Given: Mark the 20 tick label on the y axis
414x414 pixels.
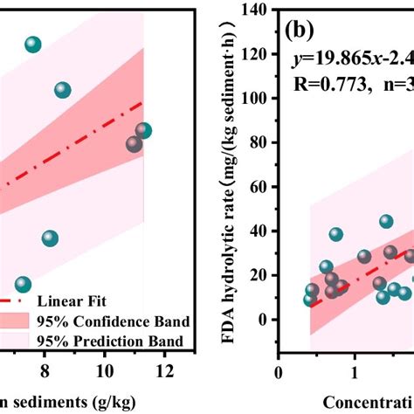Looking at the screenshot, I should click(259, 275).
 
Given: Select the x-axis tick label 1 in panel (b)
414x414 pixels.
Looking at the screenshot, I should click(355, 372).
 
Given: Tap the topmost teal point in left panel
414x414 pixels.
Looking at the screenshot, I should click(33, 45).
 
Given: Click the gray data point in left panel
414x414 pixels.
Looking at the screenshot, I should click(134, 144).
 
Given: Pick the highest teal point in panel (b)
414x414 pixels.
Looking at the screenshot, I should click(386, 222).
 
